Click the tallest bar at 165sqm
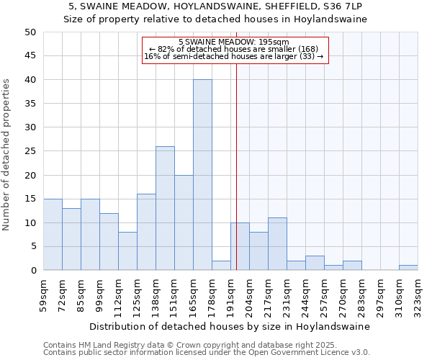pyautogui.click(x=202, y=175)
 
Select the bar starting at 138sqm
pyautogui.click(x=165, y=208)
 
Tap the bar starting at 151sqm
pyautogui.click(x=184, y=222)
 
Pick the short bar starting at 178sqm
pyautogui.click(x=221, y=266)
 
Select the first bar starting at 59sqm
pyautogui.click(x=53, y=235)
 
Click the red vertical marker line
pyautogui.click(x=236, y=180)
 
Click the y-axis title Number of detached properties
pyautogui.click(x=7, y=155)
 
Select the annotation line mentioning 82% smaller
pyautogui.click(x=234, y=49)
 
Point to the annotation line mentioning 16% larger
pyautogui.click(x=234, y=56)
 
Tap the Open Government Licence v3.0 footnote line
pyautogui.click(x=207, y=353)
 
